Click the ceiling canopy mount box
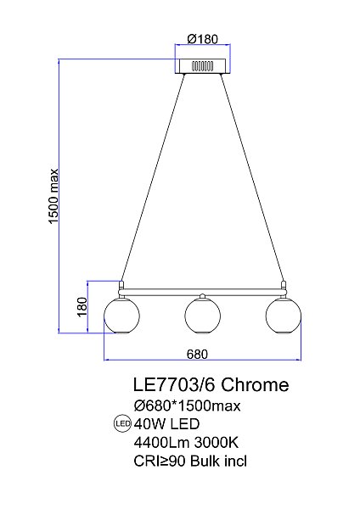202,66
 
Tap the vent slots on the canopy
202,65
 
